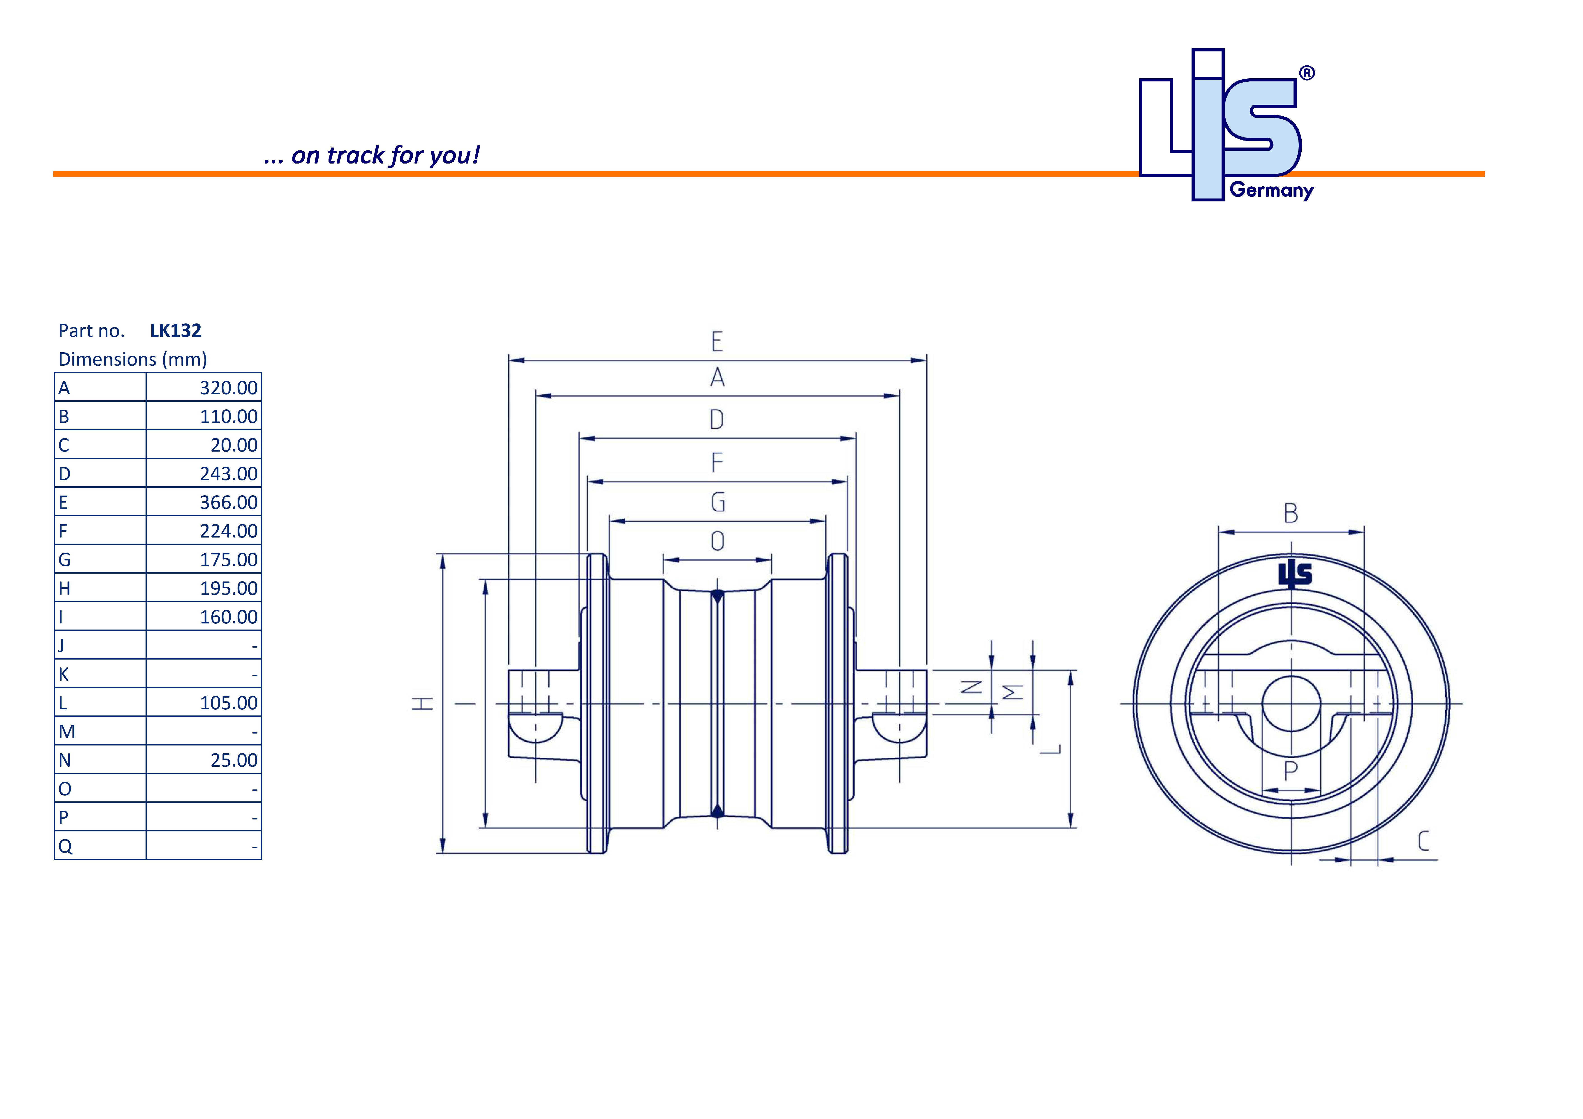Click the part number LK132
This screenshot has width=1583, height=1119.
(176, 331)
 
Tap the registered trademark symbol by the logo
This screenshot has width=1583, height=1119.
(1307, 73)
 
